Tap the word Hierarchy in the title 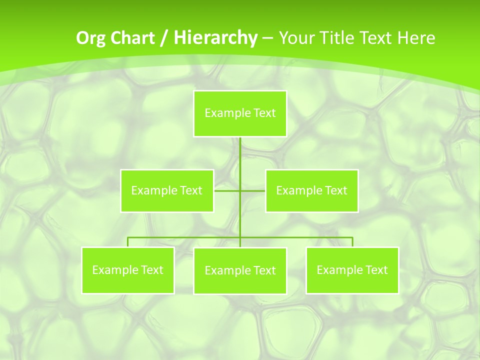click(215, 38)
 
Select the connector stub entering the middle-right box click(253, 190)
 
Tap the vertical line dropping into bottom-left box click(128, 242)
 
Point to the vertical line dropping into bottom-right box click(352, 242)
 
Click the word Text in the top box click(264, 113)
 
